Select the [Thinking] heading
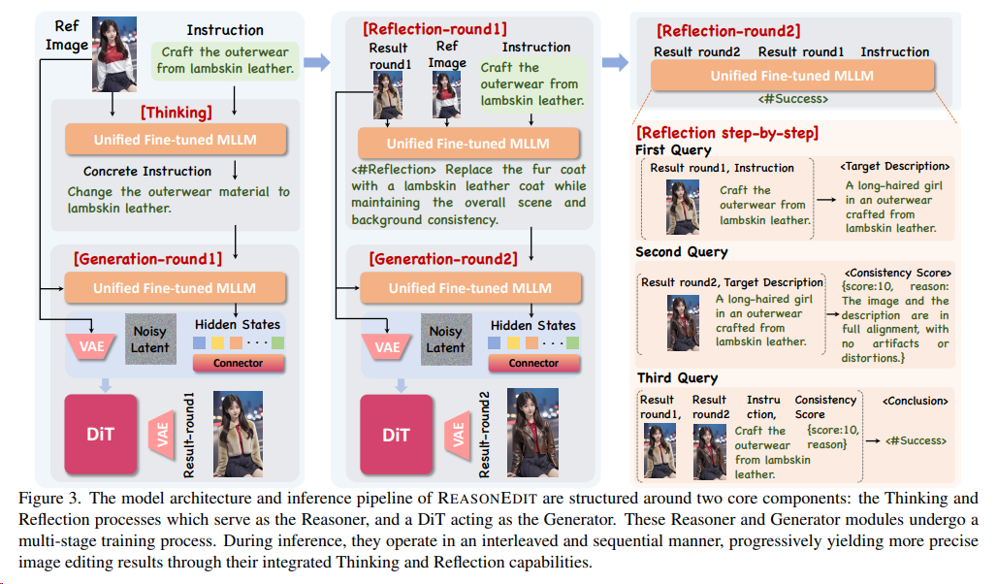[175, 114]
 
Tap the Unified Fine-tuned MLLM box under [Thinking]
[176, 140]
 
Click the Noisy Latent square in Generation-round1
[150, 340]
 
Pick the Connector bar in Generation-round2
[533, 363]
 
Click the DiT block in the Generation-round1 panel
[101, 434]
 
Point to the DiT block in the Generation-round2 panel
[396, 434]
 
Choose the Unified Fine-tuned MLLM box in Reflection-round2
[791, 76]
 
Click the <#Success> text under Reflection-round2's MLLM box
[791, 99]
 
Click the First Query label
[673, 150]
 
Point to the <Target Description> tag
[894, 167]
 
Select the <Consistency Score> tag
[896, 273]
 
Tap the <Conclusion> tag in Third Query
[915, 400]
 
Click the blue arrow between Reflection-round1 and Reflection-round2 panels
[615, 63]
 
